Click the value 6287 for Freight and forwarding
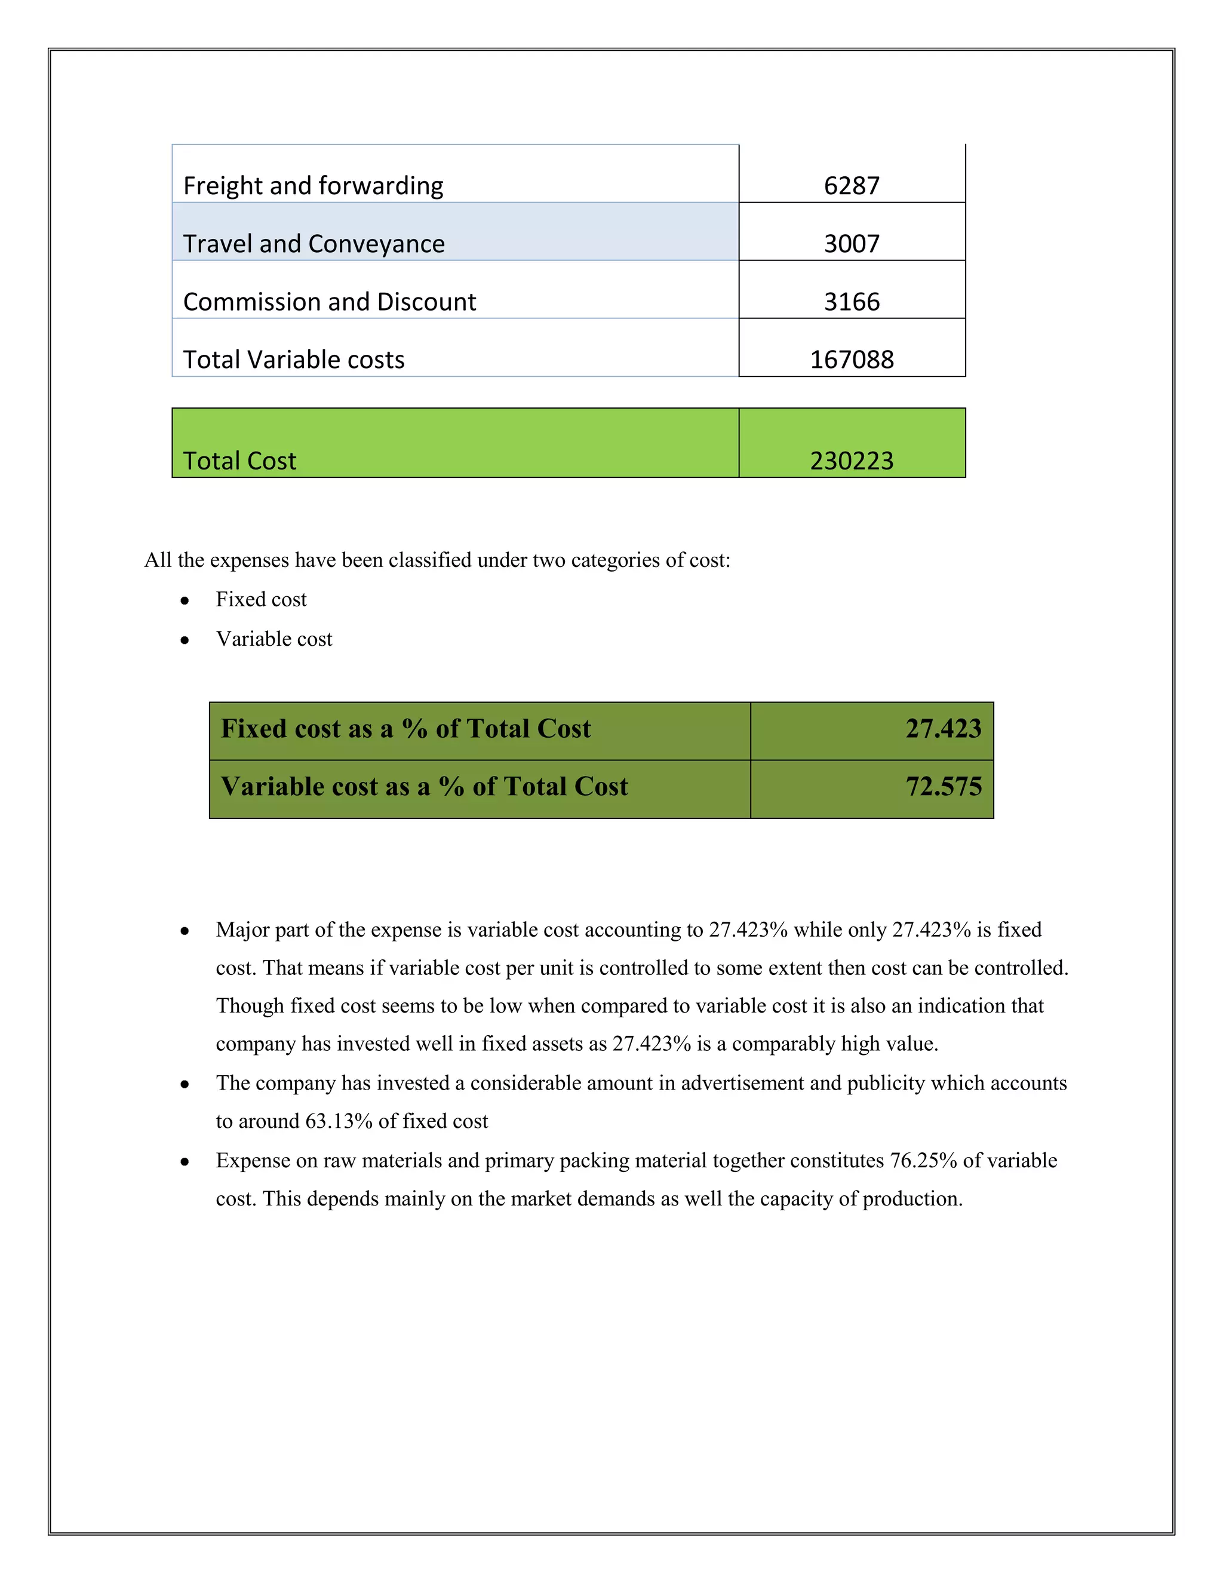point(852,186)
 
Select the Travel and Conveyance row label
point(314,244)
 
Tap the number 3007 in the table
point(852,244)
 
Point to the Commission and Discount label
point(330,302)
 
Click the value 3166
point(852,302)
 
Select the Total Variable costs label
point(293,360)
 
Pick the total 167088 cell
point(852,360)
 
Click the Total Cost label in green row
point(240,461)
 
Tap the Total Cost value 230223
point(852,461)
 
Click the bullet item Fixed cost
point(261,599)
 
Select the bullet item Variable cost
point(274,639)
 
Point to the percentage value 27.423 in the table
point(942,728)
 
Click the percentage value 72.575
point(942,787)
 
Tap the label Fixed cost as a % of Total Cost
point(405,728)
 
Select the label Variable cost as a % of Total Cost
point(424,787)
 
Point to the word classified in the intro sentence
point(429,560)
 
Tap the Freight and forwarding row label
point(313,186)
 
